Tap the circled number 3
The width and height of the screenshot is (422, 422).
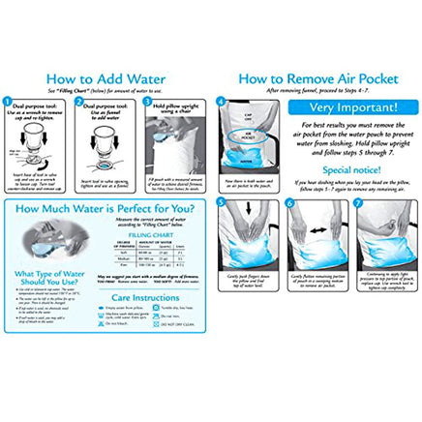point(146,100)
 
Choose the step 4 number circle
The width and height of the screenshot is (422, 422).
point(222,100)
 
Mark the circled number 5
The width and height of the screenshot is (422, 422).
point(222,206)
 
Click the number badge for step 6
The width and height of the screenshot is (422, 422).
point(289,206)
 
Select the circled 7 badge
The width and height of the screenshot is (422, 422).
point(359,206)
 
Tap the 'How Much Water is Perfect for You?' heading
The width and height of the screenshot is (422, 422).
point(108,210)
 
